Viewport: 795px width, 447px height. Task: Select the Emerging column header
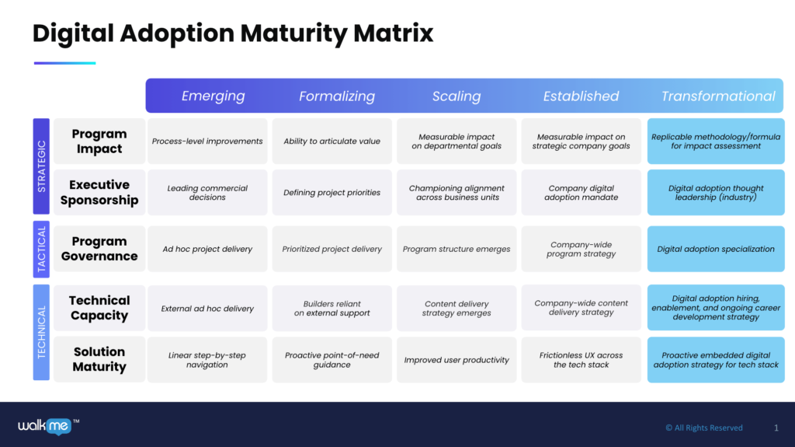pyautogui.click(x=213, y=96)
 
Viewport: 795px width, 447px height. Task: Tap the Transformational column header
pyautogui.click(x=718, y=96)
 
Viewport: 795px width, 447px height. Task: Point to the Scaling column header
pyautogui.click(x=457, y=96)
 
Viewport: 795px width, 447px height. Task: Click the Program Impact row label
pyautogui.click(x=99, y=141)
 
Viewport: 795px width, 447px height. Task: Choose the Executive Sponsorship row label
pyautogui.click(x=99, y=192)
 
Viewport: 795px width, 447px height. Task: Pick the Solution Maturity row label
pyautogui.click(x=99, y=359)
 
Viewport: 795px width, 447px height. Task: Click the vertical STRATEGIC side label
pyautogui.click(x=42, y=166)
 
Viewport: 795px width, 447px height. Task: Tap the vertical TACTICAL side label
pyautogui.click(x=42, y=250)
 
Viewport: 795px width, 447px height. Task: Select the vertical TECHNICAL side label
pyautogui.click(x=42, y=332)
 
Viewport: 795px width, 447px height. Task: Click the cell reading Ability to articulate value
pyautogui.click(x=332, y=141)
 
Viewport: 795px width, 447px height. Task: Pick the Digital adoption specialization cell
pyautogui.click(x=716, y=250)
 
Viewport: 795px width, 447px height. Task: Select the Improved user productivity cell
pyautogui.click(x=457, y=360)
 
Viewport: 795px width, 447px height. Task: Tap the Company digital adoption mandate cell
pyautogui.click(x=581, y=193)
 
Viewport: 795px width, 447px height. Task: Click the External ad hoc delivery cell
pyautogui.click(x=207, y=309)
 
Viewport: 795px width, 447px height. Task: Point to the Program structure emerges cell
pyautogui.click(x=457, y=250)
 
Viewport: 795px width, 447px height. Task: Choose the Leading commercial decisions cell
pyautogui.click(x=207, y=193)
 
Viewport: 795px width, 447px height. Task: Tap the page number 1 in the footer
pyautogui.click(x=776, y=428)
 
